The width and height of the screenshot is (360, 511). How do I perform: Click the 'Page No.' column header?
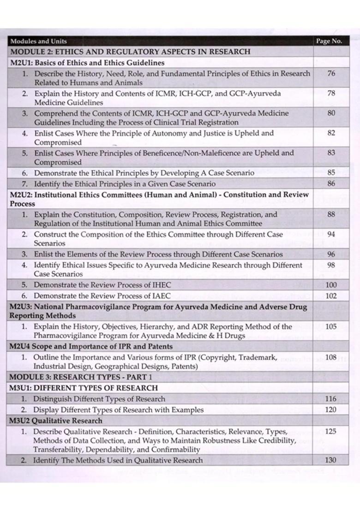pos(329,41)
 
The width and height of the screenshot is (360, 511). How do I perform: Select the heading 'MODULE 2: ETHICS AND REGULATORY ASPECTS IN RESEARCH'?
pos(130,52)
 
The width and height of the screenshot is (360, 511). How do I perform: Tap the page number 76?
pos(331,73)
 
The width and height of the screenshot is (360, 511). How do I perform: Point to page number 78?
pos(331,93)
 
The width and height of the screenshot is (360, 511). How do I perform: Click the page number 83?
pos(331,153)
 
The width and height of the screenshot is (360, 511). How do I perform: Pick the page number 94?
pos(331,234)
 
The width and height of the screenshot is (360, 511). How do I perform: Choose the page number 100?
pos(331,285)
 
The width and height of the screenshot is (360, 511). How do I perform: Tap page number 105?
pos(331,327)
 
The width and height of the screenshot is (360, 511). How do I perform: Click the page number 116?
pos(331,399)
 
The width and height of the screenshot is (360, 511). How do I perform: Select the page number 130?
pos(331,460)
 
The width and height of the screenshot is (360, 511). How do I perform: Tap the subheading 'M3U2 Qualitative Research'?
pos(56,421)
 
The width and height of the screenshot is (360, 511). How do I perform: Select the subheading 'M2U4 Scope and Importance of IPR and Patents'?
pos(91,346)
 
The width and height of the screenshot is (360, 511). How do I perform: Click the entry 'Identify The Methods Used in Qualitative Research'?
pos(118,460)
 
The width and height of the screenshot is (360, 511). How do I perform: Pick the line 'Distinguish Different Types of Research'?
pos(99,399)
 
